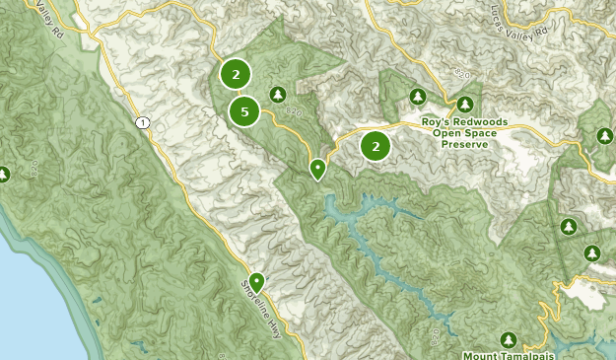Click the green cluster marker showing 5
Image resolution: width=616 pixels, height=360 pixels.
(x=244, y=111)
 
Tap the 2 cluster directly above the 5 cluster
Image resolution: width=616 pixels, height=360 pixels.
(x=235, y=74)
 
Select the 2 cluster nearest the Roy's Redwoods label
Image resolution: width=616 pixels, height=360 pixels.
(x=375, y=146)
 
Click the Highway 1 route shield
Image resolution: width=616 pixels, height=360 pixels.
(x=144, y=122)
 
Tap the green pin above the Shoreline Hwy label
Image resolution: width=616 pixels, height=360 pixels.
(x=257, y=282)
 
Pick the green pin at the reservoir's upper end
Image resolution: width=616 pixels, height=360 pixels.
(x=317, y=169)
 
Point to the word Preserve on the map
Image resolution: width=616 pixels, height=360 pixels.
(x=466, y=144)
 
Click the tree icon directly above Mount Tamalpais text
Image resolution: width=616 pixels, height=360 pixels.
(x=509, y=338)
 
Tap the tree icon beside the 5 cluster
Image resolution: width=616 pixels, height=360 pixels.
(x=278, y=94)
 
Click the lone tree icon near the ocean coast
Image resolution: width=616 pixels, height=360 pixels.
(x=4, y=175)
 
